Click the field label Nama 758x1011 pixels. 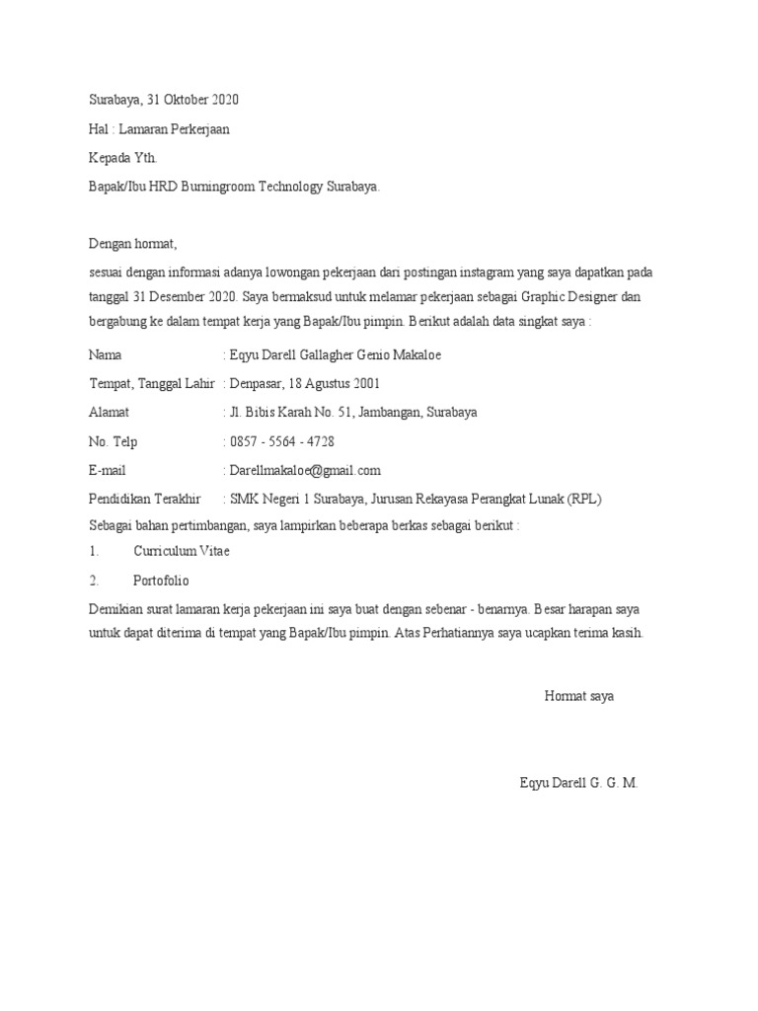pos(106,355)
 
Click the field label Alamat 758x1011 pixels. pos(109,413)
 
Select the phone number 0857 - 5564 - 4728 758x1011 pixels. pos(281,441)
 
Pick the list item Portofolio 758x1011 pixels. pos(161,581)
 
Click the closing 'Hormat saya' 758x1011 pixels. pos(579,697)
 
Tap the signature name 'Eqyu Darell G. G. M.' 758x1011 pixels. pos(579,783)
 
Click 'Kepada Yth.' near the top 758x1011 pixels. pos(122,158)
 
